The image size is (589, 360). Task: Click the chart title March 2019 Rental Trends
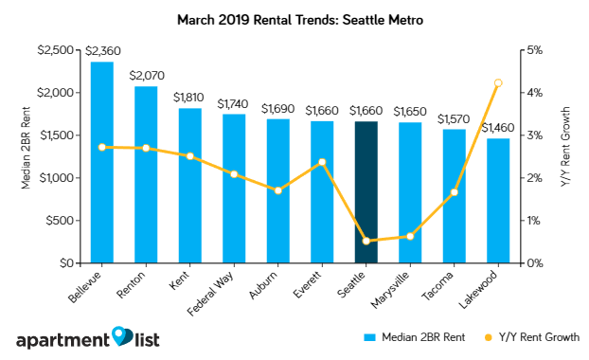(x=294, y=18)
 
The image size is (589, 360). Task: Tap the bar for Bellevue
(x=101, y=162)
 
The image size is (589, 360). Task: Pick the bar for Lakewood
(x=498, y=201)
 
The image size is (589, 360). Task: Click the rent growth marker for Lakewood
(x=498, y=83)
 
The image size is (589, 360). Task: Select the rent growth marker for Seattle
(x=366, y=241)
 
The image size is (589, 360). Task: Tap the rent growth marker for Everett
(x=322, y=162)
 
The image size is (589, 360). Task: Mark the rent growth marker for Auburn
(x=277, y=190)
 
